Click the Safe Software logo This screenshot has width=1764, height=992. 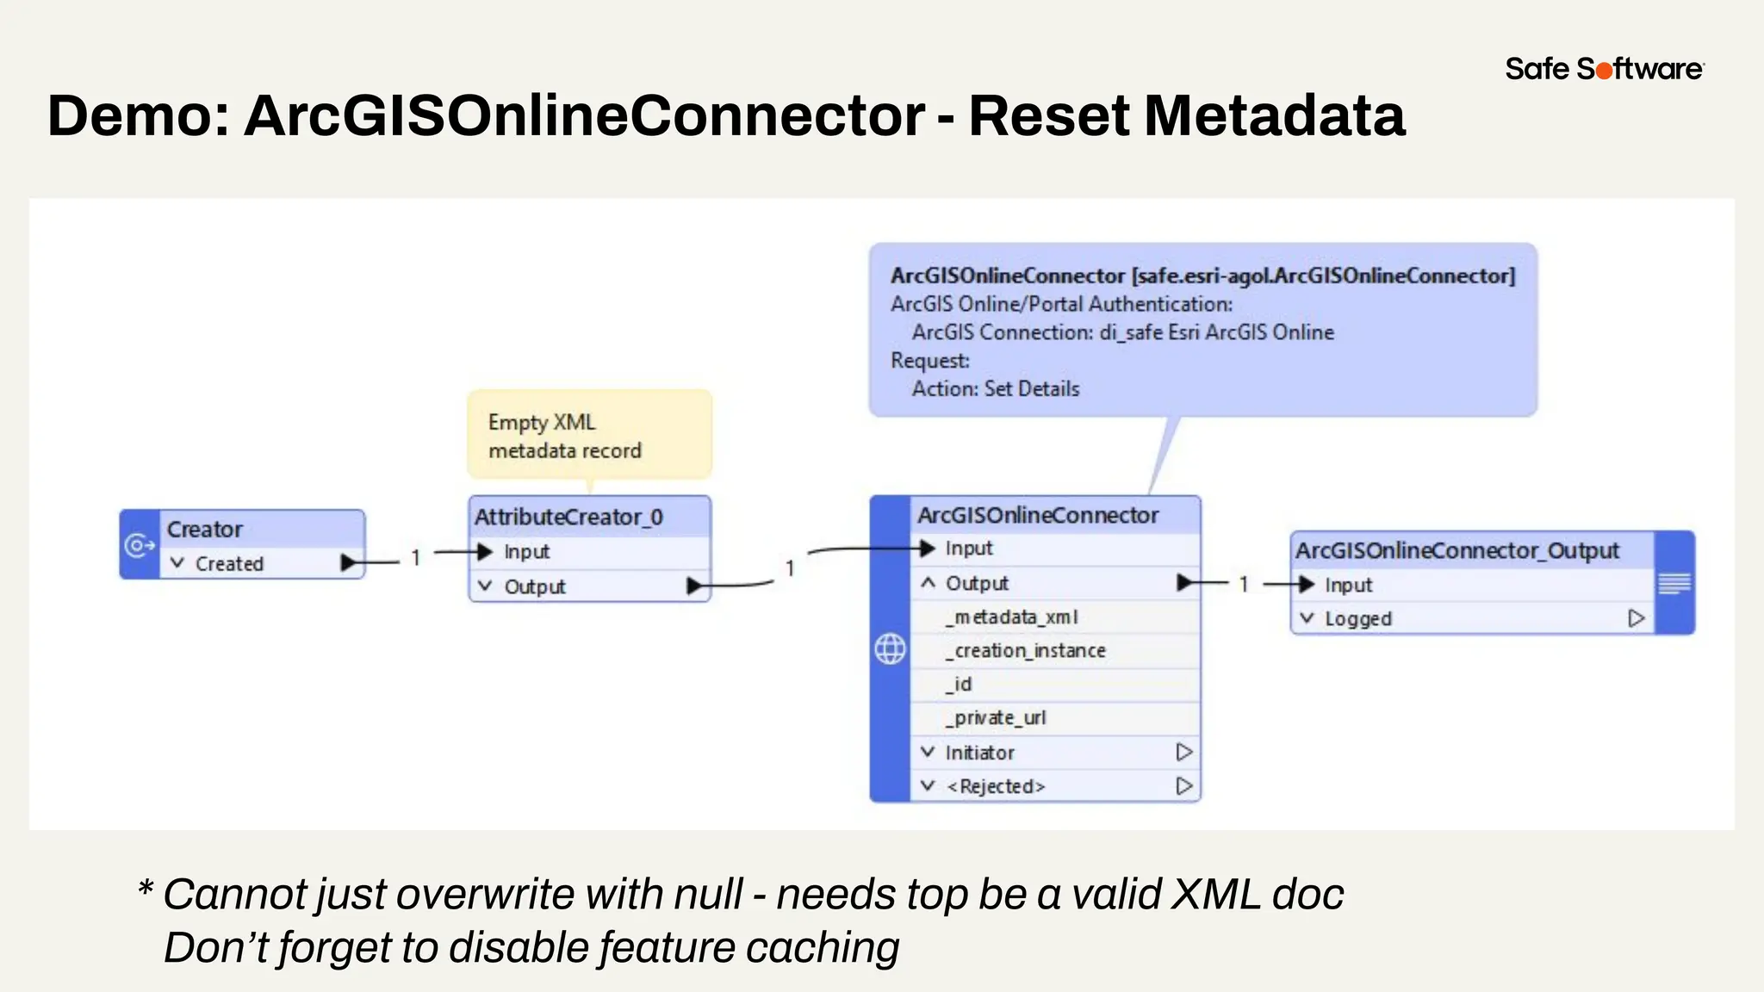1604,69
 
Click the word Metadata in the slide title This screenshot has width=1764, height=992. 1274,115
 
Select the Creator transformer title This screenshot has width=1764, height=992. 204,529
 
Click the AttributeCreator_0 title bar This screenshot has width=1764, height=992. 568,517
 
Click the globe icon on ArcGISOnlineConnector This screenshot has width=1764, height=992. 890,648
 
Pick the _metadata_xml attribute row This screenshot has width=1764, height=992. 1011,617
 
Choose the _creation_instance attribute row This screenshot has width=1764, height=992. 1025,650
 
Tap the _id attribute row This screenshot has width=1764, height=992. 959,684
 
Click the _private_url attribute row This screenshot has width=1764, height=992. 996,717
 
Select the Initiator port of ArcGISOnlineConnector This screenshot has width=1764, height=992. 979,753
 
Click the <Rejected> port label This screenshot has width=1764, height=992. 996,786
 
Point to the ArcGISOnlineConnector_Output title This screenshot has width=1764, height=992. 1457,550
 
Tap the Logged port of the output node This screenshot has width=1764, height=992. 1358,618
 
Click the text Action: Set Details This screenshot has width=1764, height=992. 996,388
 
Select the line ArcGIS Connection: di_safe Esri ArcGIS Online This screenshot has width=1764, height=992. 1122,332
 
